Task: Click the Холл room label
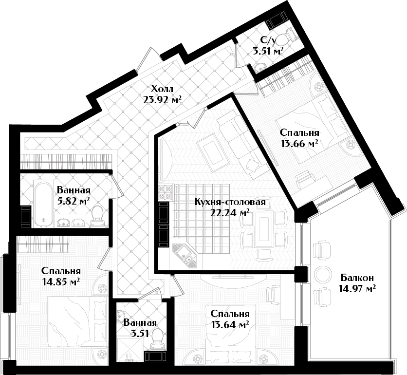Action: click(162, 89)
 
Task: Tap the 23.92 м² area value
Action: click(162, 99)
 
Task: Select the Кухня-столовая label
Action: click(230, 202)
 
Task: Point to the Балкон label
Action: click(357, 278)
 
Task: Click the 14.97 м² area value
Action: click(357, 288)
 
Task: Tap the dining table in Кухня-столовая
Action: click(264, 229)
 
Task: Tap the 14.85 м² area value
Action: click(61, 281)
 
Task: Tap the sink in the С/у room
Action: click(259, 68)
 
